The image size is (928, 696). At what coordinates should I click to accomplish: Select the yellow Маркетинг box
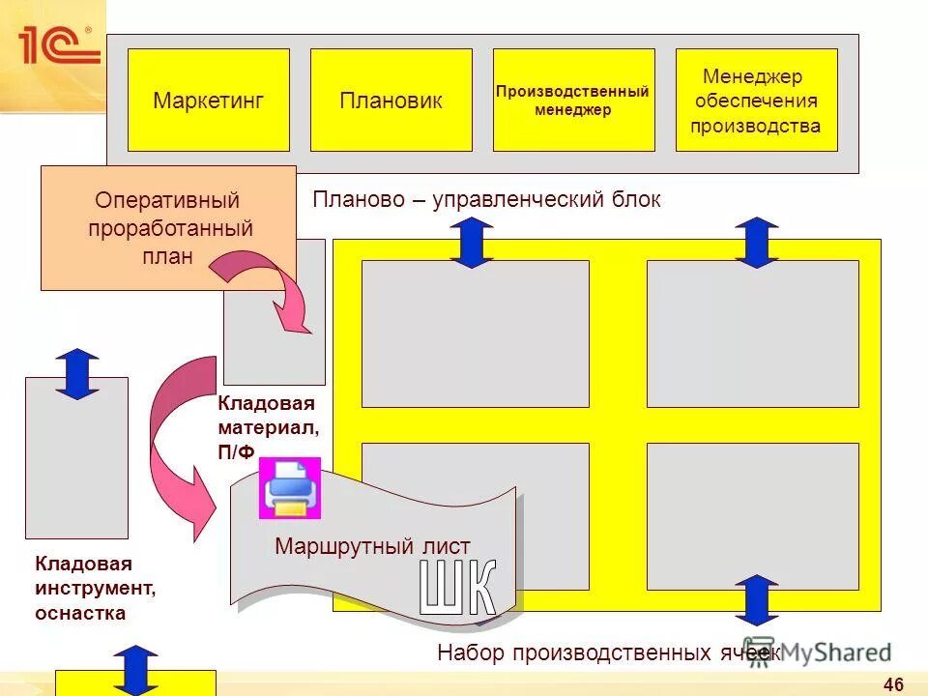(x=208, y=101)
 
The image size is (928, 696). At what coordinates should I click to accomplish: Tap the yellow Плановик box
(x=391, y=101)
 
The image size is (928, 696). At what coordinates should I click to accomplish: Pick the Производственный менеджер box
(x=572, y=101)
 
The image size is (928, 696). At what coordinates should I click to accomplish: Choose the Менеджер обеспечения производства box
(x=755, y=101)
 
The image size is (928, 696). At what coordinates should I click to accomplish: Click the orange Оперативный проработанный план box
(x=167, y=228)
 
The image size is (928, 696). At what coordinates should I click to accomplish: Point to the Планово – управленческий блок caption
(x=486, y=200)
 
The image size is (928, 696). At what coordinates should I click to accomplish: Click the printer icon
(x=291, y=488)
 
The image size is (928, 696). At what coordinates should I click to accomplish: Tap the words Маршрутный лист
(x=372, y=546)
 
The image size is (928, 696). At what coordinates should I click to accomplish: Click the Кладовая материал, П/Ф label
(x=267, y=425)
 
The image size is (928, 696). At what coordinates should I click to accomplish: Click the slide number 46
(x=893, y=684)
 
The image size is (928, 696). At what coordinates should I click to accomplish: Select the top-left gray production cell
(x=475, y=333)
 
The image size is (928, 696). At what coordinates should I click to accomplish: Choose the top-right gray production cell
(x=752, y=333)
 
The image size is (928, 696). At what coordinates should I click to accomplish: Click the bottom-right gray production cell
(x=752, y=516)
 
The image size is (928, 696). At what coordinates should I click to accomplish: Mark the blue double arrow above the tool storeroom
(x=77, y=373)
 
